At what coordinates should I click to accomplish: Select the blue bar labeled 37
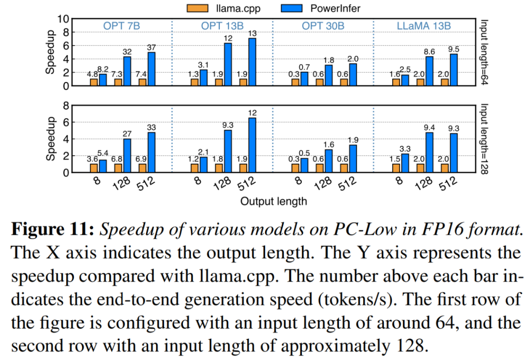[x=152, y=69]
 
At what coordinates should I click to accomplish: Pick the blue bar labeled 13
[x=253, y=62]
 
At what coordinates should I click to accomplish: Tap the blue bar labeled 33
[x=152, y=152]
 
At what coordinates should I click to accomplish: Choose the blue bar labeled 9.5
[x=454, y=70]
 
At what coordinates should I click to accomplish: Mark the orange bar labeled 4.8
[x=94, y=82]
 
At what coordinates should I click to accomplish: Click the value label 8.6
[x=430, y=51]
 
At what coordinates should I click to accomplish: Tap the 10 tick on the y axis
[x=63, y=19]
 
